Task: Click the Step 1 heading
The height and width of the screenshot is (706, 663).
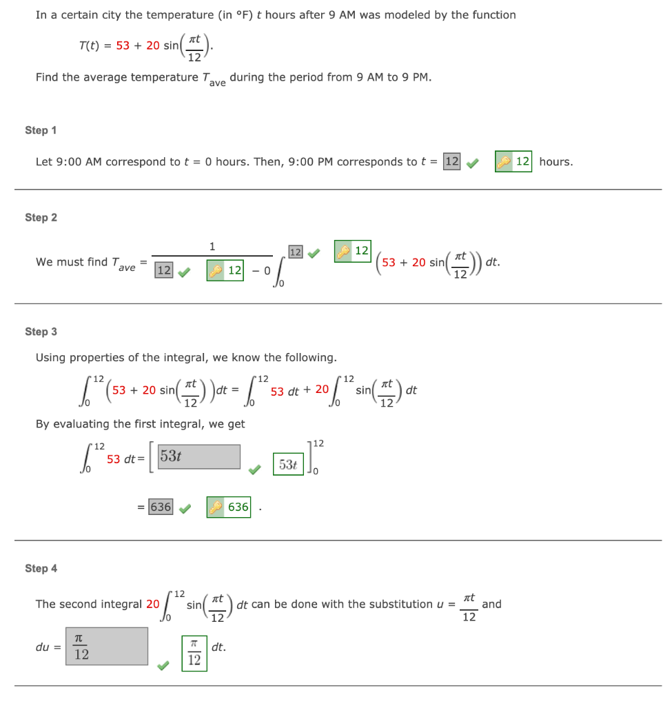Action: [41, 130]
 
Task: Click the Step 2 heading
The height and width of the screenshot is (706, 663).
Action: [41, 217]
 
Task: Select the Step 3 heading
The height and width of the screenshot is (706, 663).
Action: [41, 332]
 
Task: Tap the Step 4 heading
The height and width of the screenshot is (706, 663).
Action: [41, 568]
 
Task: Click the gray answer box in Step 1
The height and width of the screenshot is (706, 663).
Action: [452, 161]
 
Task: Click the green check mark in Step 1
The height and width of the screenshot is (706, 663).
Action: [473, 163]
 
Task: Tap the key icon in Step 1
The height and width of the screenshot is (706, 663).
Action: [504, 162]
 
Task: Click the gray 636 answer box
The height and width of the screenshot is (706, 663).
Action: [161, 507]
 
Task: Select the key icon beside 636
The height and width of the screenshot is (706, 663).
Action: [216, 507]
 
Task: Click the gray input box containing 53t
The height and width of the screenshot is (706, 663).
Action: [199, 456]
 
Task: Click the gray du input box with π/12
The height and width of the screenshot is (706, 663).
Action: [107, 646]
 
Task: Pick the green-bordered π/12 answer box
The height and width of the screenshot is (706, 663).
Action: [194, 652]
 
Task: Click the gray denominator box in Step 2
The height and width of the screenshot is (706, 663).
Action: [163, 270]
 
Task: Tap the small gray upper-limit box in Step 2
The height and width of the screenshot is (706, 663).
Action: [295, 252]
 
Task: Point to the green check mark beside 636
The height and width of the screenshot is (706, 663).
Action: [185, 510]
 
